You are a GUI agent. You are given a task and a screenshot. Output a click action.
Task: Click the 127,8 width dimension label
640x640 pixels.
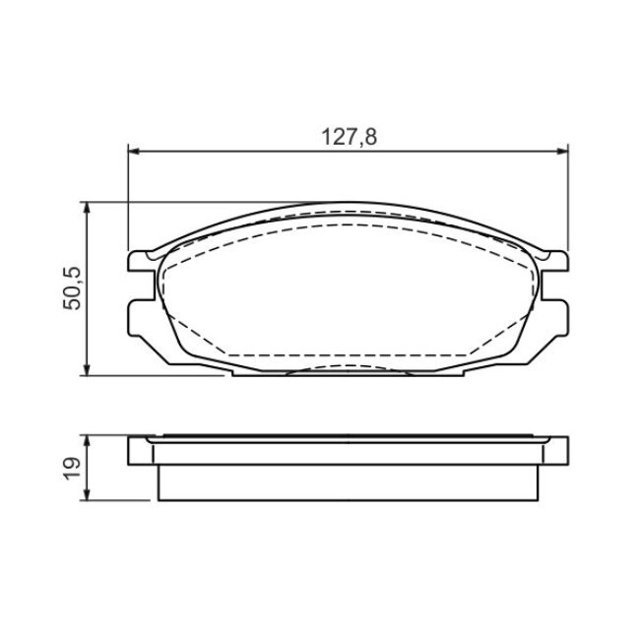350,137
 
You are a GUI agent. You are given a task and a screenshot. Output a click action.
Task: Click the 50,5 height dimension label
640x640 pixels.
72,288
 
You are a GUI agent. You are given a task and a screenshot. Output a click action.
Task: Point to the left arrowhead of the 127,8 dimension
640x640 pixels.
134,152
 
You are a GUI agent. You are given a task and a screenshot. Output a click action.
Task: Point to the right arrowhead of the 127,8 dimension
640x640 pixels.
562,152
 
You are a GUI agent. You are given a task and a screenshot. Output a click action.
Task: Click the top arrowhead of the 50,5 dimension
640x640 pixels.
86,208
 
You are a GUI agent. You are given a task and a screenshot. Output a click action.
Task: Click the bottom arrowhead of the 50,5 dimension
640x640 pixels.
86,369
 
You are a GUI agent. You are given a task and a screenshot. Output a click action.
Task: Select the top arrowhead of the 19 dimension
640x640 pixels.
86,442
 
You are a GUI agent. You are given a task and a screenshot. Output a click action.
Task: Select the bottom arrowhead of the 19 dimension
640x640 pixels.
86,494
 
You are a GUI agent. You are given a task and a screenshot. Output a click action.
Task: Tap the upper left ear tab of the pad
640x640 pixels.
140,261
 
